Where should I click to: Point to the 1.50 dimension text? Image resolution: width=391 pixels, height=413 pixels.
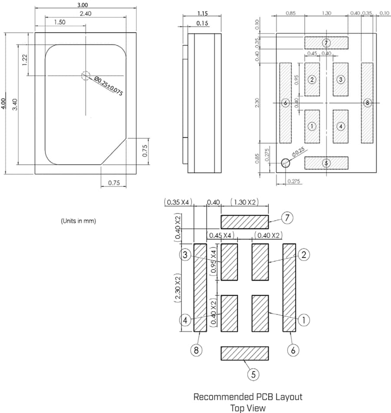coord(61,22)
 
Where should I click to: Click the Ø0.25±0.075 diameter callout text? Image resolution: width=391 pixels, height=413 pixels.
coord(109,86)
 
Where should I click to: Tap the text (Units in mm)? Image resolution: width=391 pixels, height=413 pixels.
coord(78,221)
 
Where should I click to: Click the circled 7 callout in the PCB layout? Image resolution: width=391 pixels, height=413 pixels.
coord(287,218)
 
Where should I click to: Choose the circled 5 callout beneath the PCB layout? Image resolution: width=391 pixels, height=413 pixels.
coord(254,374)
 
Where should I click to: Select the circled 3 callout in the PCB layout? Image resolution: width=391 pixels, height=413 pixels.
coord(186,255)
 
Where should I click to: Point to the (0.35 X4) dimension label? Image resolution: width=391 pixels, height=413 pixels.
coord(179,202)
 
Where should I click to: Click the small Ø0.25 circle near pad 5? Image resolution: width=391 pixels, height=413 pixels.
coord(285,163)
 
